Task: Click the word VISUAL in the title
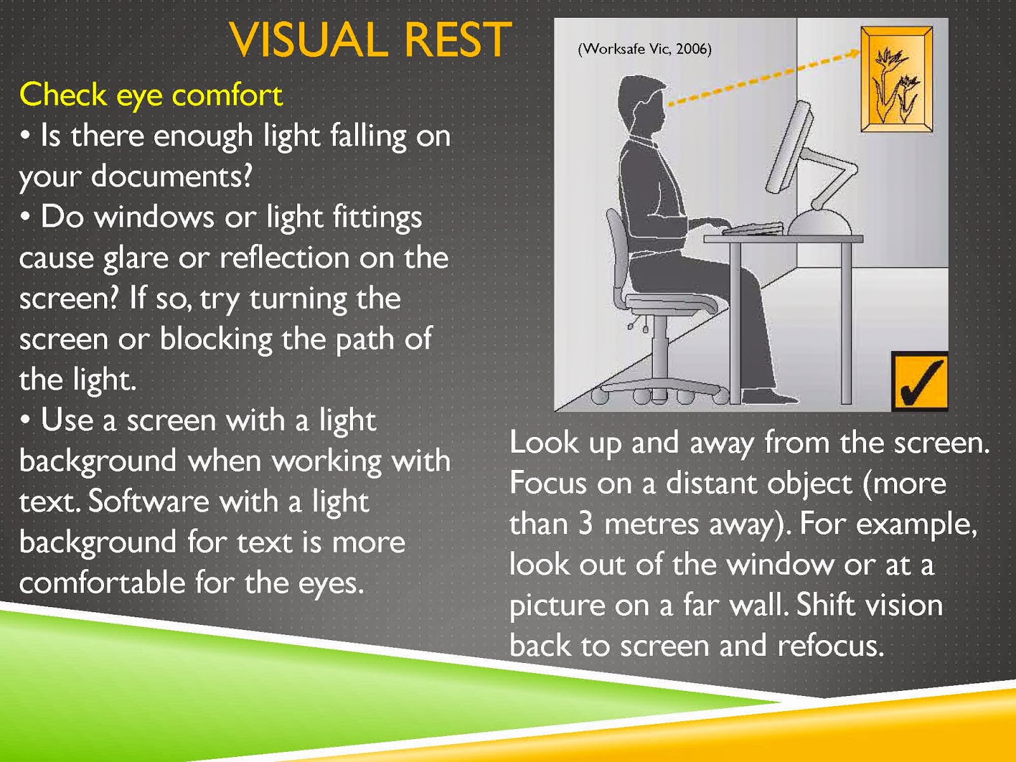pyautogui.click(x=308, y=40)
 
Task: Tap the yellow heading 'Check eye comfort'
pyautogui.click(x=151, y=96)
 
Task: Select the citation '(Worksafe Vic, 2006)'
pyautogui.click(x=645, y=49)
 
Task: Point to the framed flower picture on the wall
pyautogui.click(x=897, y=79)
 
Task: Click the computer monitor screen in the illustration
pyautogui.click(x=789, y=148)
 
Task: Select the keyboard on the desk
pyautogui.click(x=752, y=229)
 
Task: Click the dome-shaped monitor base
pyautogui.click(x=820, y=222)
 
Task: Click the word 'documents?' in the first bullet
pyautogui.click(x=171, y=177)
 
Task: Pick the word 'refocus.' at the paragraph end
pyautogui.click(x=831, y=646)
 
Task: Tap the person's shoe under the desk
pyautogui.click(x=769, y=396)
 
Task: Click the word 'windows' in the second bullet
pyautogui.click(x=154, y=217)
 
